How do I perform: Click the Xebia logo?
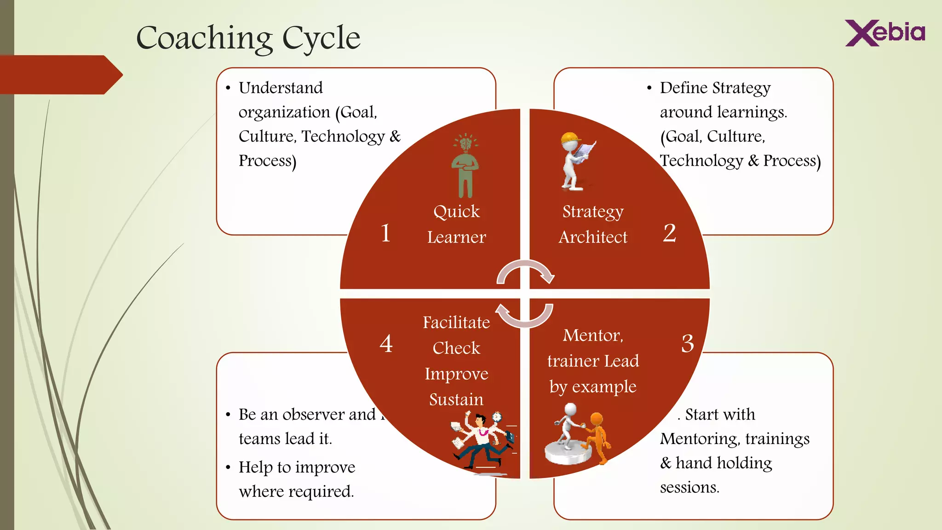pos(885,33)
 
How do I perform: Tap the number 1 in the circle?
pos(385,233)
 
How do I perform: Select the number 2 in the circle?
pos(669,233)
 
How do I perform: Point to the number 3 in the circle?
pos(687,343)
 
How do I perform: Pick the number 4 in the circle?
pos(386,343)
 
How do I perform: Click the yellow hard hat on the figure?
pos(569,138)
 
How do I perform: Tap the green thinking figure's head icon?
pos(465,143)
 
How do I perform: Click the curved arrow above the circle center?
pos(525,271)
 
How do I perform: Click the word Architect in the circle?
pos(593,237)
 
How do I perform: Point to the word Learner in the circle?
pos(456,237)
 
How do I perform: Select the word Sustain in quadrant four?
pos(456,399)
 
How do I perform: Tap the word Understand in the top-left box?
pos(281,87)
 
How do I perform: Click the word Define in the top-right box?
pos(684,87)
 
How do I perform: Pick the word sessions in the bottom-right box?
pos(689,487)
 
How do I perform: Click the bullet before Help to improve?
pos(228,468)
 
